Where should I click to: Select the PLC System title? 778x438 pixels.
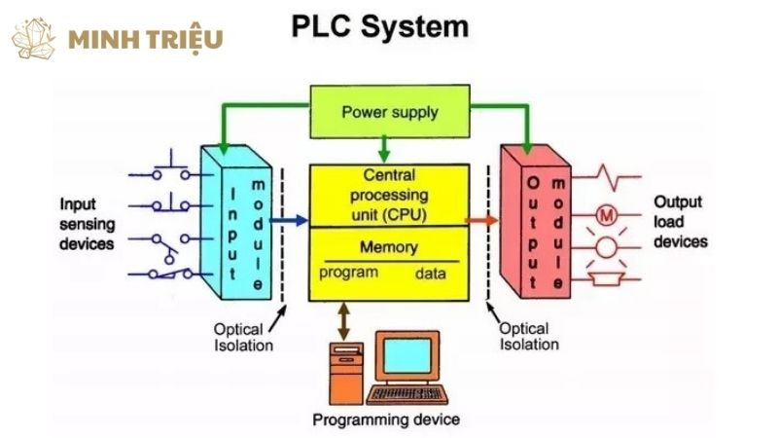click(380, 26)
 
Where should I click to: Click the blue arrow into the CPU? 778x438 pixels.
click(288, 221)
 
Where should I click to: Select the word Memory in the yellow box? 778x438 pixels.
click(389, 247)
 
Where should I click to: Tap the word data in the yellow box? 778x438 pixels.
click(431, 274)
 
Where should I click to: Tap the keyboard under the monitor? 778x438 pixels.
click(407, 395)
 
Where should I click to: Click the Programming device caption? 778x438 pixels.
click(386, 420)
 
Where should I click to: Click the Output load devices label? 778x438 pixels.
click(680, 222)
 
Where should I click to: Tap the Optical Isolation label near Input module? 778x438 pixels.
click(244, 337)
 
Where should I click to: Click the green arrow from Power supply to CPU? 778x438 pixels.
click(385, 147)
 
